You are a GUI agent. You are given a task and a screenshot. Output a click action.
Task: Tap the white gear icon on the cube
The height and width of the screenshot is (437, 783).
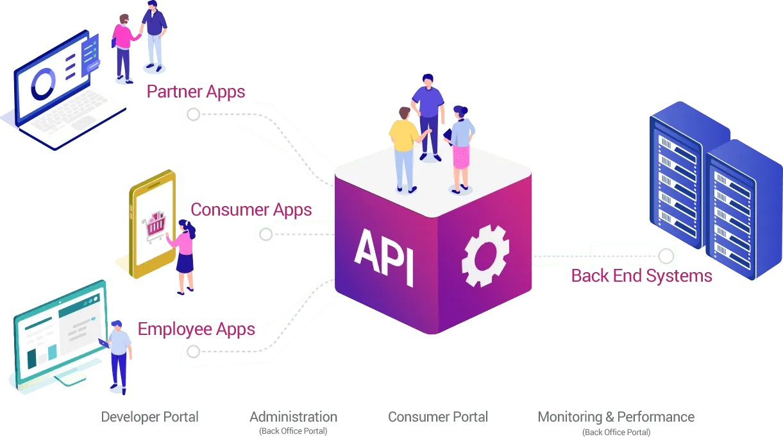click(x=485, y=255)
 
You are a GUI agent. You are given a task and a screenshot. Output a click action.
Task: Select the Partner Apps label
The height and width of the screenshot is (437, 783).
click(x=196, y=91)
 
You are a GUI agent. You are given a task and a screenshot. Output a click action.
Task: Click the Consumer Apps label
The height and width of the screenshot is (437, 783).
click(x=251, y=209)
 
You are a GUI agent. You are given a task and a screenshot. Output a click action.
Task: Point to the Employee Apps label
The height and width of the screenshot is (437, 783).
click(x=196, y=329)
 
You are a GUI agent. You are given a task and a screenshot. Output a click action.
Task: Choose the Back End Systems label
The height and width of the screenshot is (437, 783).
click(x=641, y=276)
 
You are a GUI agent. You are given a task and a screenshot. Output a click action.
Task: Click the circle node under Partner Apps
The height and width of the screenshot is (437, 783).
click(x=193, y=115)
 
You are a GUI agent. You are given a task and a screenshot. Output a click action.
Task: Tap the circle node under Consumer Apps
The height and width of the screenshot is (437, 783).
click(x=265, y=234)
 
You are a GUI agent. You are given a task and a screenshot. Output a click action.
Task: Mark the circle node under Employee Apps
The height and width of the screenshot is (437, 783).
click(x=193, y=351)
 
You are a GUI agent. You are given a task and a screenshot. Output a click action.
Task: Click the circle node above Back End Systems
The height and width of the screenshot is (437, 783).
click(x=666, y=256)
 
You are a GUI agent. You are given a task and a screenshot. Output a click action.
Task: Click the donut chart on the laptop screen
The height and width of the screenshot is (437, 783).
click(x=44, y=84)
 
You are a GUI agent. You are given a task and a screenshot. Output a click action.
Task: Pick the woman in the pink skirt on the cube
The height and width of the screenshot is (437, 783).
click(x=460, y=148)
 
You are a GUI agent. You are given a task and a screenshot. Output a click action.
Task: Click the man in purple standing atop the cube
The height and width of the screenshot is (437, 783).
click(x=428, y=112)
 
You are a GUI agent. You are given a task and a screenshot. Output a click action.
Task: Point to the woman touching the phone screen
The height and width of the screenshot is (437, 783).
click(x=185, y=253)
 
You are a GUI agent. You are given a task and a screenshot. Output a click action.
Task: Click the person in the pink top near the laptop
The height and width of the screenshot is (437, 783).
click(x=122, y=48)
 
